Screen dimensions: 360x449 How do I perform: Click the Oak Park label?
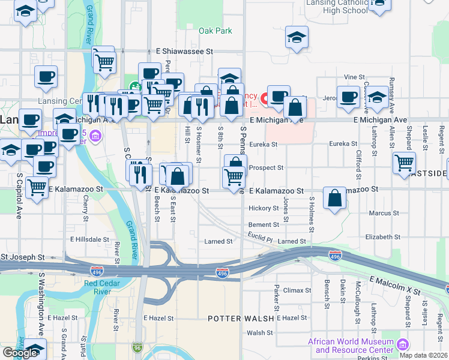click(x=215, y=31)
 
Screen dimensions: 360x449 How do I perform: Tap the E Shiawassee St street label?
click(x=185, y=52)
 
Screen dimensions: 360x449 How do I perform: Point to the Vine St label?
click(x=355, y=77)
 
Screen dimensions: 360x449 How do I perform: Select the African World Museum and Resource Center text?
click(x=351, y=346)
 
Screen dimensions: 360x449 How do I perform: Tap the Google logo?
click(x=20, y=353)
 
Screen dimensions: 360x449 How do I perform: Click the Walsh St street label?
click(x=259, y=332)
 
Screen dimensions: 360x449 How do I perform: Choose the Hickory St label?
click(x=264, y=209)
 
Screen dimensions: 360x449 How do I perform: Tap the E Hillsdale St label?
click(x=90, y=239)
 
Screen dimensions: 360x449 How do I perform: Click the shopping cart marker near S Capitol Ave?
click(x=37, y=187)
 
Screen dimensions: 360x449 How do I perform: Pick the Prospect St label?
click(x=265, y=168)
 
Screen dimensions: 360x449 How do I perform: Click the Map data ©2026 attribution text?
click(x=423, y=355)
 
